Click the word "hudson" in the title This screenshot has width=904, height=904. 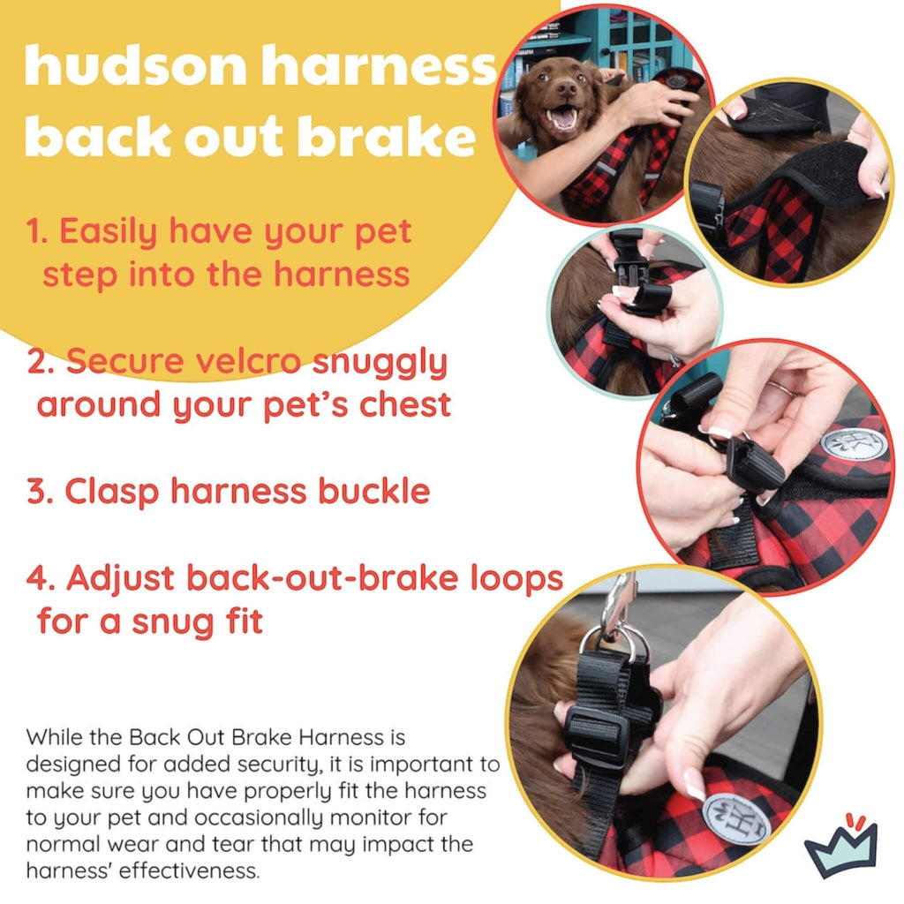tap(136, 66)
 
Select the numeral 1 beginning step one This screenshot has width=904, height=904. tap(34, 231)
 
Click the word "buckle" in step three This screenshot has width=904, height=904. tap(374, 491)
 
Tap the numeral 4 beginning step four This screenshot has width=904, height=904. tap(40, 578)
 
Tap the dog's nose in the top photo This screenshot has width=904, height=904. tap(566, 89)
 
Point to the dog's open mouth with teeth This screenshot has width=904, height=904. tap(561, 119)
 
